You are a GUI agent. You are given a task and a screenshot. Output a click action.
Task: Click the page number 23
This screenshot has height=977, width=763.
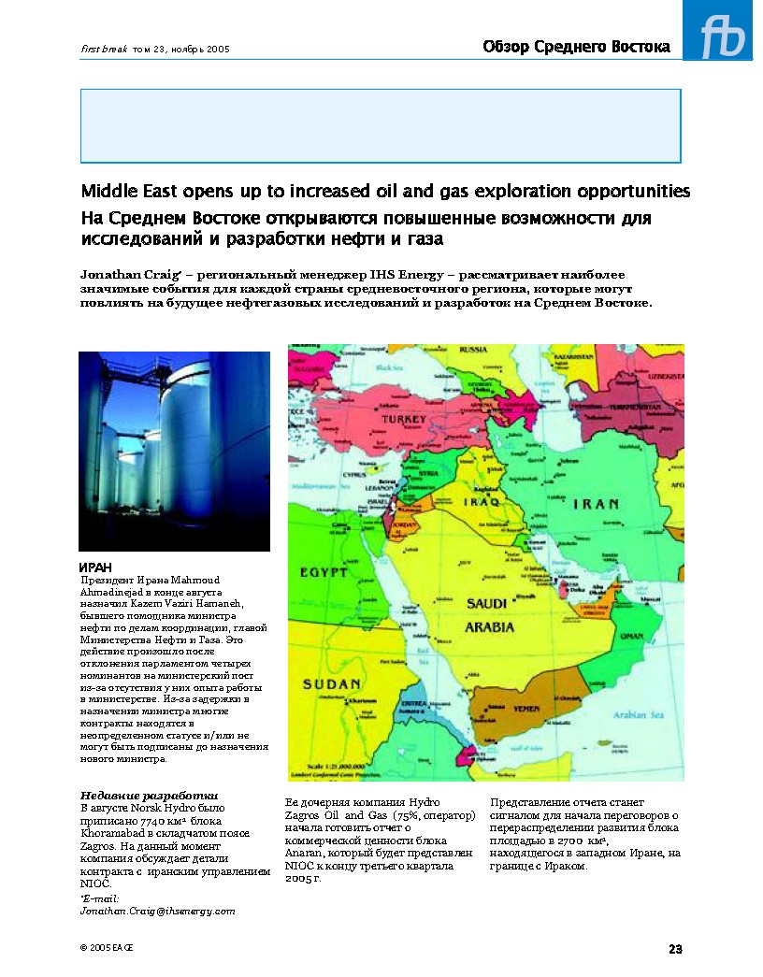click(x=675, y=949)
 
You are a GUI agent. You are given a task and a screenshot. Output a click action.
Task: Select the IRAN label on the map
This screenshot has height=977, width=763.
click(x=595, y=504)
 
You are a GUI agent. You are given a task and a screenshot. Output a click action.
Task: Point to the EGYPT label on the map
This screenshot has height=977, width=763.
click(x=324, y=571)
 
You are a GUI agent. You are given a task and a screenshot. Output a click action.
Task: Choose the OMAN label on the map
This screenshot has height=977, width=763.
click(x=632, y=636)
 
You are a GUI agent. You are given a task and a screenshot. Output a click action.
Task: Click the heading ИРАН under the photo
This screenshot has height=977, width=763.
click(x=94, y=568)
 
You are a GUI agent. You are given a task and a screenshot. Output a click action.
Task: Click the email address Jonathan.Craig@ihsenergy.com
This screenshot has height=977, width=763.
click(x=157, y=910)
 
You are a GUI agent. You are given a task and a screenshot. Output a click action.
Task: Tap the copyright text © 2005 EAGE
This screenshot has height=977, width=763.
click(x=107, y=948)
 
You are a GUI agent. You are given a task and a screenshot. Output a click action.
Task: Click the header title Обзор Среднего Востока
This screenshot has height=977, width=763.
click(x=576, y=47)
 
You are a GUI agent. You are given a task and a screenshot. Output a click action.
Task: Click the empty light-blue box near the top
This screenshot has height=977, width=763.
click(x=381, y=125)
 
